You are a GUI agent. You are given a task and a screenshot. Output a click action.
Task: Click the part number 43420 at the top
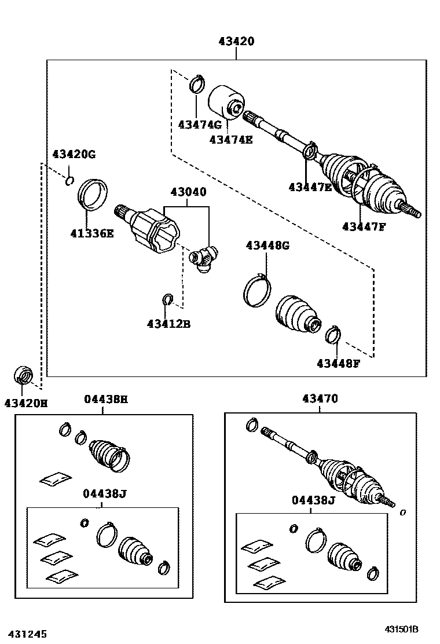point(236,42)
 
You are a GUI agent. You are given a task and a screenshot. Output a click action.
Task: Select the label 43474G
point(200,125)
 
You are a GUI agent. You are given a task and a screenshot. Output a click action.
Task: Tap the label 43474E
point(231,139)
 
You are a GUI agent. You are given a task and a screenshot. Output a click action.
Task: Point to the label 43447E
point(310,186)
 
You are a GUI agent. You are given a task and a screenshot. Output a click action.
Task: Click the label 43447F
point(364,226)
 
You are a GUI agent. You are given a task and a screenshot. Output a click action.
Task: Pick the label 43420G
point(74,154)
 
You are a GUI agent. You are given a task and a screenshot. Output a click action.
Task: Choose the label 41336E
point(92,233)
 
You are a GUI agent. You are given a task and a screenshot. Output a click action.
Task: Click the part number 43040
point(188,192)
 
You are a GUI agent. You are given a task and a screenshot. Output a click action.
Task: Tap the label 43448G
point(267,245)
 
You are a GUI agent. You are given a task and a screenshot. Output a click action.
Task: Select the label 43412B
point(168,324)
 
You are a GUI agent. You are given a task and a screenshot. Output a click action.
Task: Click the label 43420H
point(26,402)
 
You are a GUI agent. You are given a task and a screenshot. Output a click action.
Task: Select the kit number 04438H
point(105,398)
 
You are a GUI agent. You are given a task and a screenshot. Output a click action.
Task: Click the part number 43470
point(320,398)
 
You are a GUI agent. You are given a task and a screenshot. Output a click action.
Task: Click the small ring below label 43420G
point(69,181)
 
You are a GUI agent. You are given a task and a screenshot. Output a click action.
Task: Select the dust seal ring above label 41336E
point(93,194)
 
